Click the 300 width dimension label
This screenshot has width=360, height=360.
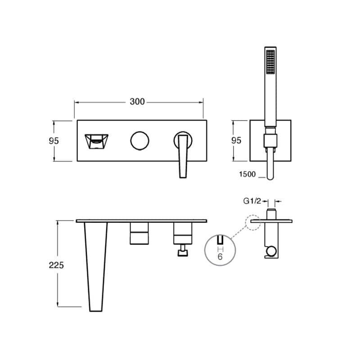tap(137, 102)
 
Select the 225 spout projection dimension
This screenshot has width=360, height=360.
tap(56, 265)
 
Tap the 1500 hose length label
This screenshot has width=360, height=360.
tap(247, 174)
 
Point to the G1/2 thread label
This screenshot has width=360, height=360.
tap(252, 201)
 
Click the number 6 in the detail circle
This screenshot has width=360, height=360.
tap(220, 256)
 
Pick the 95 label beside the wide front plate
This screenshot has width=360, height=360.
tap(54, 141)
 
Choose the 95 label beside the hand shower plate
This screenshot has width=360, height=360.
tap(236, 140)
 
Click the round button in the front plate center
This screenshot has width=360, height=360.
tap(139, 141)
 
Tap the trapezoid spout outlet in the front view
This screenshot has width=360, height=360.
tap(96, 141)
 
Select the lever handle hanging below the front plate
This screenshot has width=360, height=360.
tap(183, 156)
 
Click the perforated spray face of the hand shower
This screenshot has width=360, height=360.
tap(270, 62)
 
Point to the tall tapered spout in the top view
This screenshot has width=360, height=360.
tap(96, 267)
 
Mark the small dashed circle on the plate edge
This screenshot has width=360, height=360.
tap(253, 222)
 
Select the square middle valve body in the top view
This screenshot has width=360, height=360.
tap(139, 233)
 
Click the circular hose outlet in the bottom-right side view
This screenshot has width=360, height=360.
tap(271, 252)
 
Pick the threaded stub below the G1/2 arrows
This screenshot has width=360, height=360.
tap(271, 214)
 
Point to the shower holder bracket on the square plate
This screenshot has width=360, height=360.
tap(270, 140)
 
